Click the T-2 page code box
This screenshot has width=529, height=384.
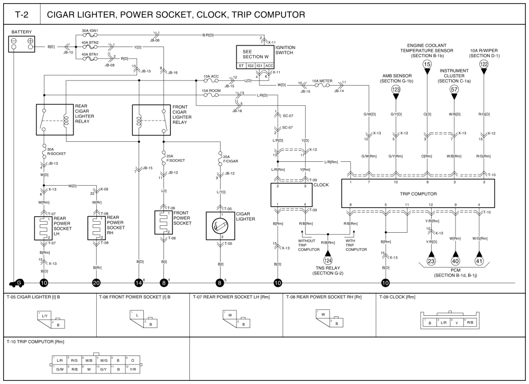22,14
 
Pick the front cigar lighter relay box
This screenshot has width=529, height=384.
151,120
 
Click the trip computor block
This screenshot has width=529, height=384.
418,194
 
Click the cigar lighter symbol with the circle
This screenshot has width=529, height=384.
220,226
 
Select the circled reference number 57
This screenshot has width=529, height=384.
454,89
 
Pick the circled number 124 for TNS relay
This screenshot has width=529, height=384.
328,260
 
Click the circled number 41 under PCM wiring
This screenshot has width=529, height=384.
479,260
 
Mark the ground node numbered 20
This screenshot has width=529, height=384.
96,283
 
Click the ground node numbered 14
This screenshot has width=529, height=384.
139,283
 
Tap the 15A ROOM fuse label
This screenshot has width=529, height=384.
212,91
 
